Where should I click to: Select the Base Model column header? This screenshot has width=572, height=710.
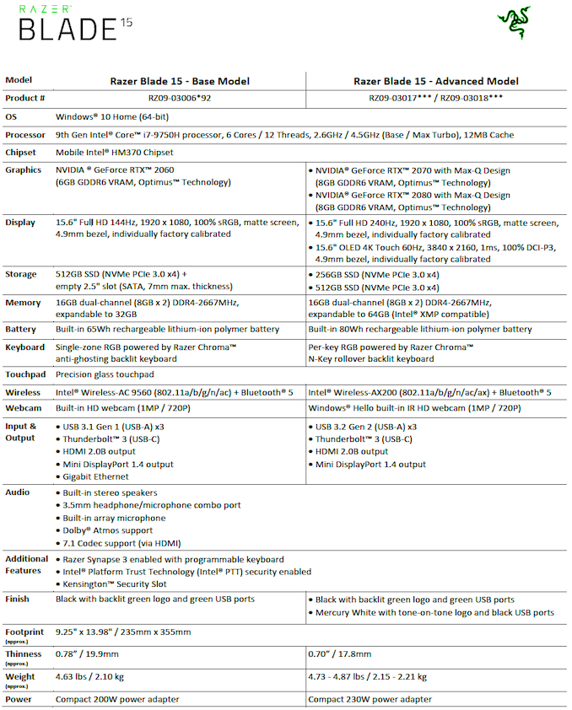180,81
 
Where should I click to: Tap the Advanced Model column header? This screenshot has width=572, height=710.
435,81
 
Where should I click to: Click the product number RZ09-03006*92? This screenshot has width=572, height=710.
180,98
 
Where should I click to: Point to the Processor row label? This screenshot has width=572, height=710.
25,135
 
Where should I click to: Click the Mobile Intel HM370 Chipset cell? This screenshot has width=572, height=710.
114,153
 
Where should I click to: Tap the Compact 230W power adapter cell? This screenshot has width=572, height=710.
369,699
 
